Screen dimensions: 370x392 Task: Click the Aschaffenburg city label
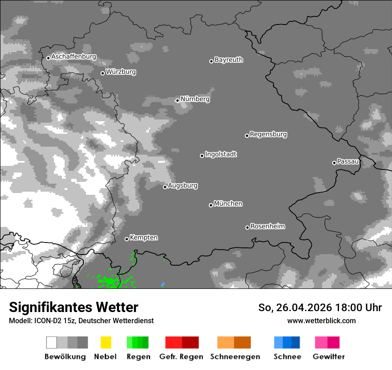(73, 57)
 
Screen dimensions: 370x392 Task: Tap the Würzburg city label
(121, 72)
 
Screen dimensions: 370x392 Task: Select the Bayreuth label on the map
(229, 60)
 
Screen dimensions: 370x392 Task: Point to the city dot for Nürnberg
(177, 100)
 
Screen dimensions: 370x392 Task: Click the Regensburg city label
(268, 134)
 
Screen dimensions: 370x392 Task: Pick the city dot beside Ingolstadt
(202, 156)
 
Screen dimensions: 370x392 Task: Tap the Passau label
(348, 161)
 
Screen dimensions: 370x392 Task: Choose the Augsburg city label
(183, 185)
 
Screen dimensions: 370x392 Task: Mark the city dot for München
(211, 205)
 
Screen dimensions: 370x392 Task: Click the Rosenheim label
(267, 226)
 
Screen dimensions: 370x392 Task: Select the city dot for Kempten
(127, 239)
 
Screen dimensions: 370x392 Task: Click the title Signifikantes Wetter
(73, 307)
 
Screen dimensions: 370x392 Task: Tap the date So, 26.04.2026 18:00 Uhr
(320, 308)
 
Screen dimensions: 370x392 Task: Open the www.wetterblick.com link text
(321, 321)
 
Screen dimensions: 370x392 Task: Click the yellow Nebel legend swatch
(106, 342)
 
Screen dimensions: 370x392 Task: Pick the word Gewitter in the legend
(328, 357)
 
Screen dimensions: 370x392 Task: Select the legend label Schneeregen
(235, 357)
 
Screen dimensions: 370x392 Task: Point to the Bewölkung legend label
(65, 357)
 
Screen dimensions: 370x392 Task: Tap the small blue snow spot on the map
(163, 284)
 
